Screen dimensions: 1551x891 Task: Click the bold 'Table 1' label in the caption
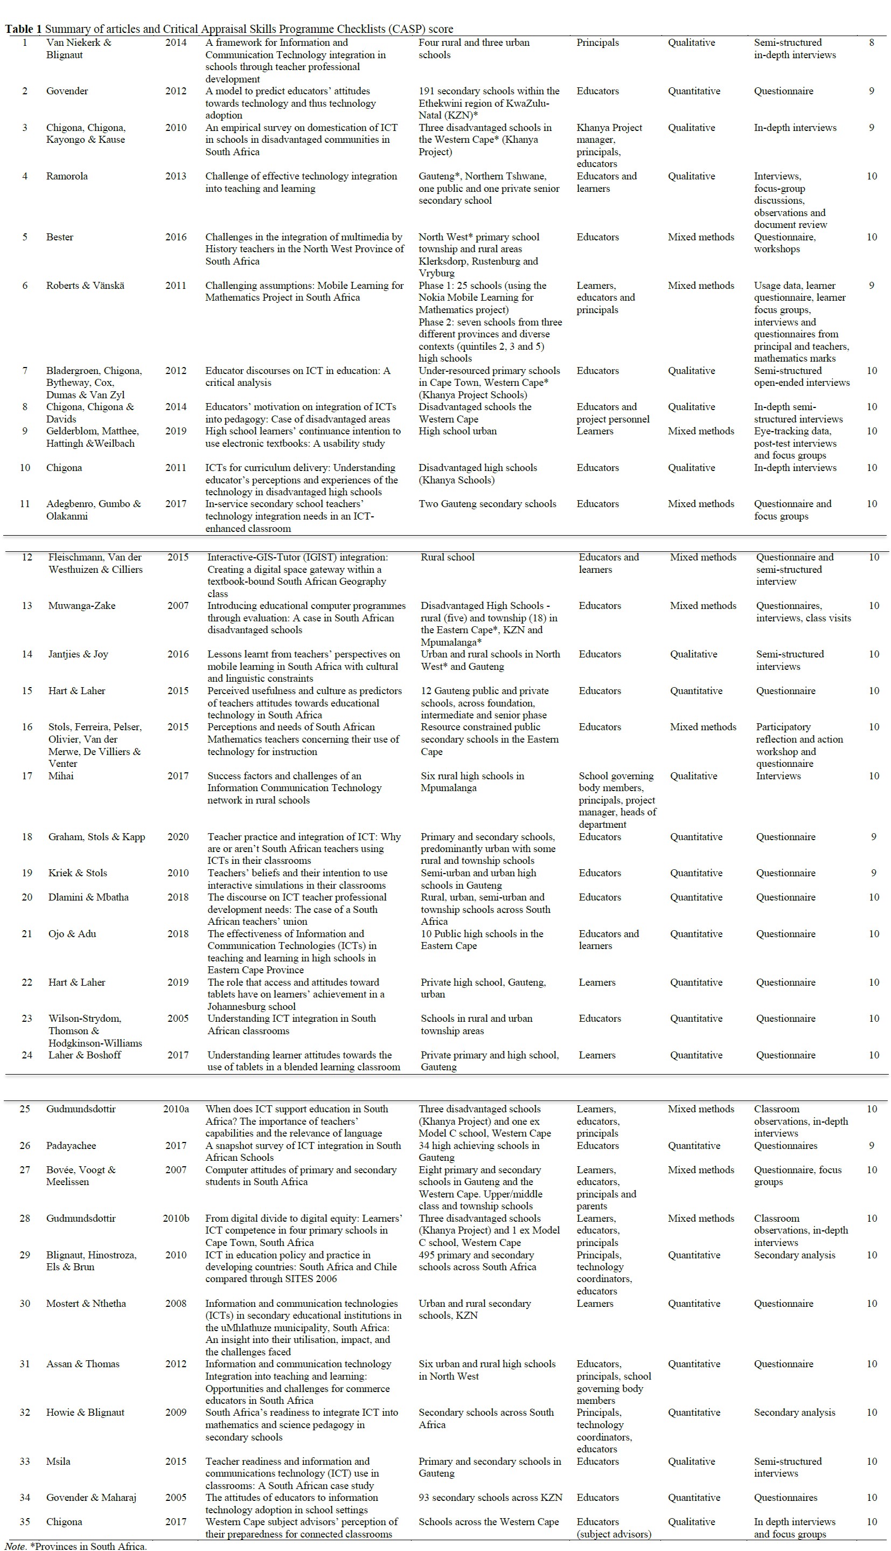tap(23, 29)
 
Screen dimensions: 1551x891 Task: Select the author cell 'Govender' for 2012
tap(67, 91)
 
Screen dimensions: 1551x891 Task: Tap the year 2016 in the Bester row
tap(176, 237)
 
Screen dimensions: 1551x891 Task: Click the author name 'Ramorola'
tap(67, 176)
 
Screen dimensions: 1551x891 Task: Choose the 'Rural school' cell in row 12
tap(447, 557)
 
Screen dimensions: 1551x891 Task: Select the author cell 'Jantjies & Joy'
tap(78, 654)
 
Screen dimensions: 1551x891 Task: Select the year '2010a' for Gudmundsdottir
tap(176, 1109)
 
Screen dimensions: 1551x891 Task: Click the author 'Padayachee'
tap(71, 1145)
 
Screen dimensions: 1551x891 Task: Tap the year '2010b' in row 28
tap(176, 1218)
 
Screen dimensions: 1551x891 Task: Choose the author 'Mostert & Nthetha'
tap(86, 1303)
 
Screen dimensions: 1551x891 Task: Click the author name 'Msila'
tap(58, 1461)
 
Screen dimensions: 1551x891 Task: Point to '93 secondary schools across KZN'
tap(490, 1497)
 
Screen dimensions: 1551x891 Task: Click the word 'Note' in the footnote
tap(15, 1546)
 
